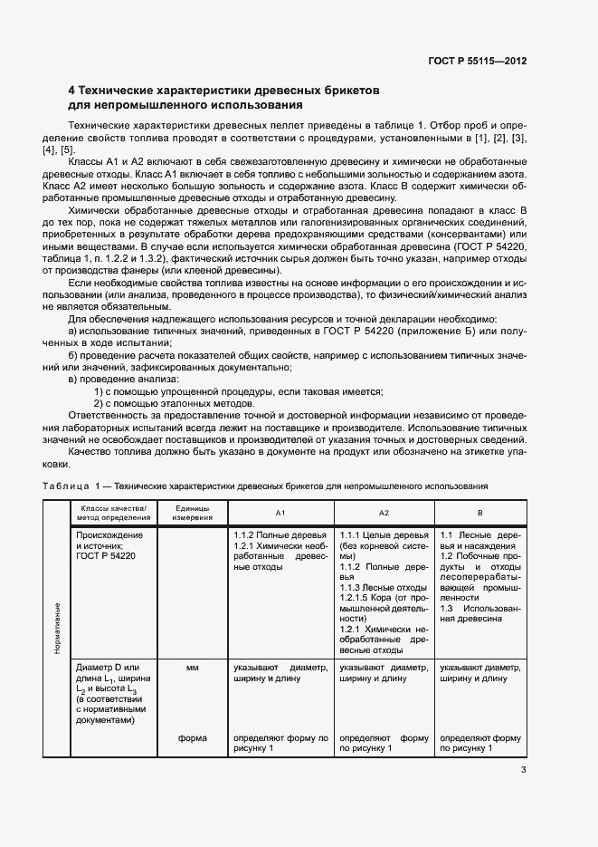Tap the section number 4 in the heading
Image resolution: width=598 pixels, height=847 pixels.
point(72,91)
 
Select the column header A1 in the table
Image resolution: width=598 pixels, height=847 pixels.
point(280,512)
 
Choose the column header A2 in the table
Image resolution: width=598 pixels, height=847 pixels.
point(384,512)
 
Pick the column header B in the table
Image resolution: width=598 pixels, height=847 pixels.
point(479,512)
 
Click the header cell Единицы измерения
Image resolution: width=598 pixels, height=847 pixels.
point(193,512)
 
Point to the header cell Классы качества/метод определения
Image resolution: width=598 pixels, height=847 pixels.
point(117,512)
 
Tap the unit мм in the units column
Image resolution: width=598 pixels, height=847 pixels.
point(192,668)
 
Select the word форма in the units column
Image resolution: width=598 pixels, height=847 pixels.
point(193,737)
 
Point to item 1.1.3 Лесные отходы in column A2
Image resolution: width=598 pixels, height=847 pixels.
point(372,588)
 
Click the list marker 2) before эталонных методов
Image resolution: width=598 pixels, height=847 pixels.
point(100,402)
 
